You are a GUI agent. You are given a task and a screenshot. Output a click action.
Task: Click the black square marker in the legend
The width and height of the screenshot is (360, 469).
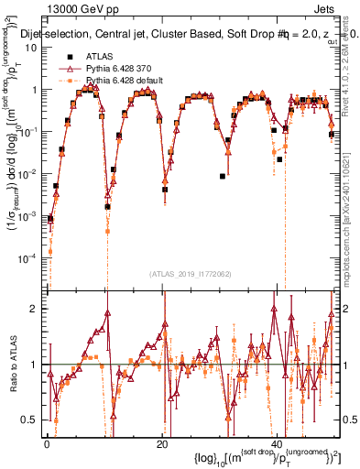pos(66,57)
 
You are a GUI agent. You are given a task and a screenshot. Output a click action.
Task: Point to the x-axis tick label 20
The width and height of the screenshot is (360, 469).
pos(161,444)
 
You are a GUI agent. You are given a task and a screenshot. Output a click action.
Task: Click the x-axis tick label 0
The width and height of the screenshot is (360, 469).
pos(46,444)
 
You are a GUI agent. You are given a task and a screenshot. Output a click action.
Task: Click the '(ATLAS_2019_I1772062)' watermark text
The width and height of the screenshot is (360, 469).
pos(191,274)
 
